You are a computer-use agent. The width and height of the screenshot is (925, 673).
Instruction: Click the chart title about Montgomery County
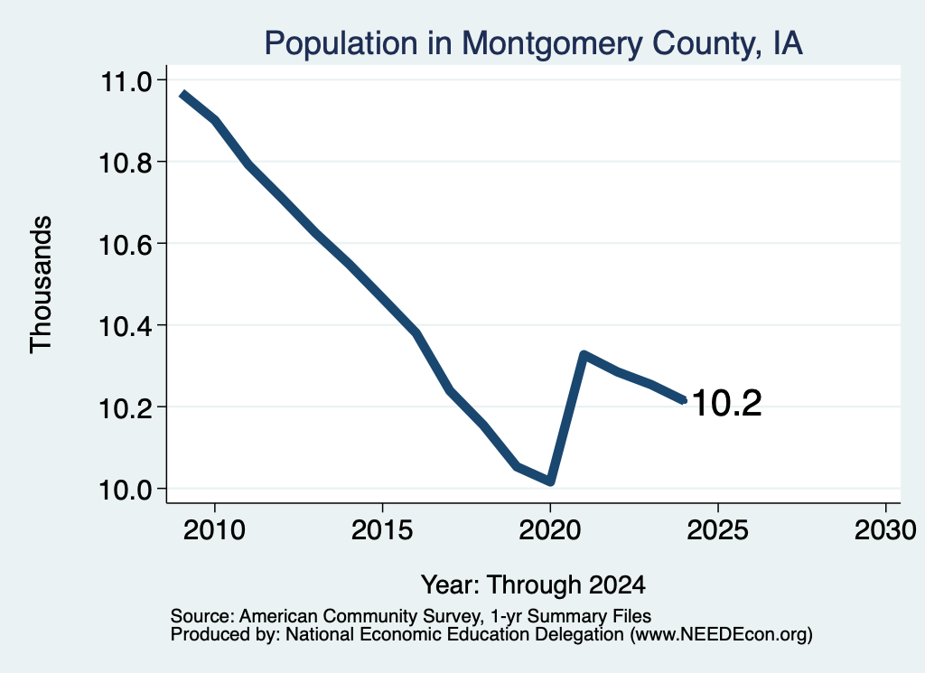click(x=533, y=43)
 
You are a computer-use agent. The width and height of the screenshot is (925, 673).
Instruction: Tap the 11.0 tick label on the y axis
click(x=126, y=81)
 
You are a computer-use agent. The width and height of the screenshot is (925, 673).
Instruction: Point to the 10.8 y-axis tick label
click(x=125, y=163)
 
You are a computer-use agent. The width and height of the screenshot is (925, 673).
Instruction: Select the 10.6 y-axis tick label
click(x=125, y=245)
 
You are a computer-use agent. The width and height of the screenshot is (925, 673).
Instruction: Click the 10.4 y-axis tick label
click(x=125, y=326)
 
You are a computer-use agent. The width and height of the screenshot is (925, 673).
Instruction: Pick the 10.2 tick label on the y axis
click(x=125, y=408)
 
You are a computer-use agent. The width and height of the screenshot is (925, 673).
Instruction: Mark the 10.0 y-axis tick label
click(x=125, y=490)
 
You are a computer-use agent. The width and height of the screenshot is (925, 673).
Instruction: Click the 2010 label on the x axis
click(x=214, y=530)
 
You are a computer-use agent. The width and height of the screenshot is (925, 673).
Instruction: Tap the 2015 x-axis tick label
click(x=382, y=530)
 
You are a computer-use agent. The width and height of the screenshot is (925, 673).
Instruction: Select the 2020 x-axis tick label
click(x=550, y=530)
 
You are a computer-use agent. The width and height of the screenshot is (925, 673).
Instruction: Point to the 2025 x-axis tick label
click(x=718, y=530)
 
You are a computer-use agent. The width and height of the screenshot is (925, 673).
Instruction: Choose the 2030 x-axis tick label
click(x=885, y=530)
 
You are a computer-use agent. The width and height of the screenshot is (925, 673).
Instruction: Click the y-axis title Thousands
click(x=42, y=285)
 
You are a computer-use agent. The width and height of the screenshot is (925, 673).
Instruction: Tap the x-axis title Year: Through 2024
click(x=533, y=585)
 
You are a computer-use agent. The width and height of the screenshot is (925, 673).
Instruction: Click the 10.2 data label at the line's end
click(x=726, y=404)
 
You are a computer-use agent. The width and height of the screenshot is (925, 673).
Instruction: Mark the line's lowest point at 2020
click(x=550, y=481)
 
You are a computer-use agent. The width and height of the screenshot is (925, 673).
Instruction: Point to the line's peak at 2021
click(x=584, y=355)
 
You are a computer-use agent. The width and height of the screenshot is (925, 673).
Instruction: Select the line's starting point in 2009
click(x=182, y=94)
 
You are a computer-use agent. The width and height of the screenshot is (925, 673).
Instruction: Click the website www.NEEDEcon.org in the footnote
click(x=719, y=635)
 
